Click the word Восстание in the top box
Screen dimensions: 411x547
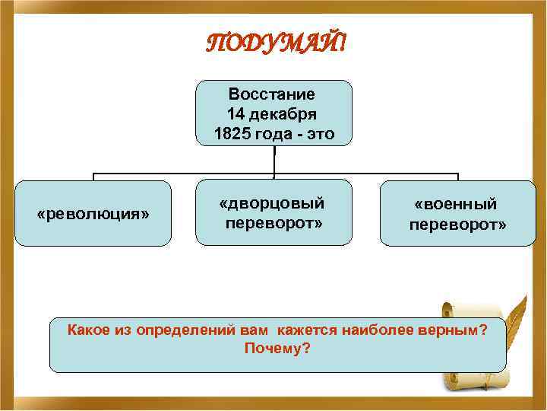click(x=271, y=94)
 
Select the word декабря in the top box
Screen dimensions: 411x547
click(x=286, y=114)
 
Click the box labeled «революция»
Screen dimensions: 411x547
click(x=93, y=214)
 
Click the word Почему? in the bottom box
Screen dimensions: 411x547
click(x=277, y=348)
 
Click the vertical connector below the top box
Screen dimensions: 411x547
click(x=273, y=161)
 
